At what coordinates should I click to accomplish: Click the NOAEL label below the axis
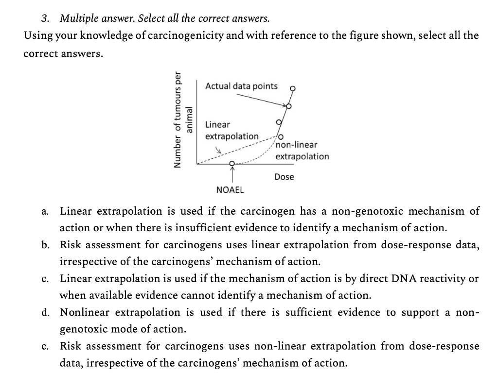point(230,189)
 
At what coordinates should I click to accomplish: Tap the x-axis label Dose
point(284,177)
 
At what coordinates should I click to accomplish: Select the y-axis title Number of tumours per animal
point(184,120)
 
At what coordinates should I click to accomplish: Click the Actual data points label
point(241,86)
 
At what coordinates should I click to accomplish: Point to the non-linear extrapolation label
point(302,151)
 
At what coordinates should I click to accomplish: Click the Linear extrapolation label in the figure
point(231,131)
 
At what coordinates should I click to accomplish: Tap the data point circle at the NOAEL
point(232,163)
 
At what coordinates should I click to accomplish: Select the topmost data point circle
point(293,89)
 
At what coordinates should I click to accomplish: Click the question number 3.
point(45,19)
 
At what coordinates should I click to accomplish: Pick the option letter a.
point(44,212)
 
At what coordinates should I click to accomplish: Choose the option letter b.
point(45,245)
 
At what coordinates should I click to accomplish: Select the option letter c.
point(44,279)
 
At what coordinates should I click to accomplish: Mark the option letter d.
point(45,312)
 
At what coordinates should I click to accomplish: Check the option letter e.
point(45,346)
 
